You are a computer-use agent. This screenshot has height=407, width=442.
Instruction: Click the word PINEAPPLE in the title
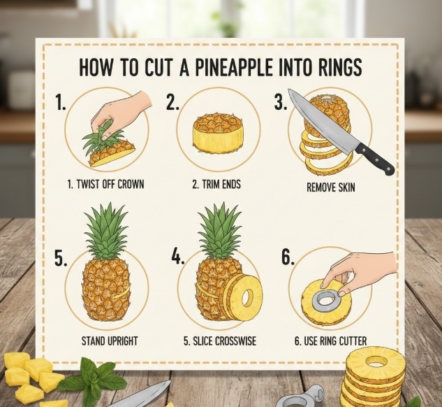click(234, 67)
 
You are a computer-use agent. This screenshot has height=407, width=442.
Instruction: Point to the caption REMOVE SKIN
click(331, 187)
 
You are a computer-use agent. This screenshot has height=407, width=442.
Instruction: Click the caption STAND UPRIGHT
click(110, 341)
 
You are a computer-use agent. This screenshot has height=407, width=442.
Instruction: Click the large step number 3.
click(281, 102)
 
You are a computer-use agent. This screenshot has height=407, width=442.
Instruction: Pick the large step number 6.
click(288, 257)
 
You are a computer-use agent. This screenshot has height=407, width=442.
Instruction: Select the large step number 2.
click(172, 102)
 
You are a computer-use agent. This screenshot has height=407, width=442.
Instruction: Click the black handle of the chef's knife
click(375, 159)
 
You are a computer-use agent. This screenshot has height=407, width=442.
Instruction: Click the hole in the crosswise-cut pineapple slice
click(247, 298)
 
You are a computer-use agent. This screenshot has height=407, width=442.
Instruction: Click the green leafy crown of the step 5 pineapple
click(106, 230)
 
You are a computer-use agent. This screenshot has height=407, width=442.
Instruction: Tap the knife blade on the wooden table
click(141, 395)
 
